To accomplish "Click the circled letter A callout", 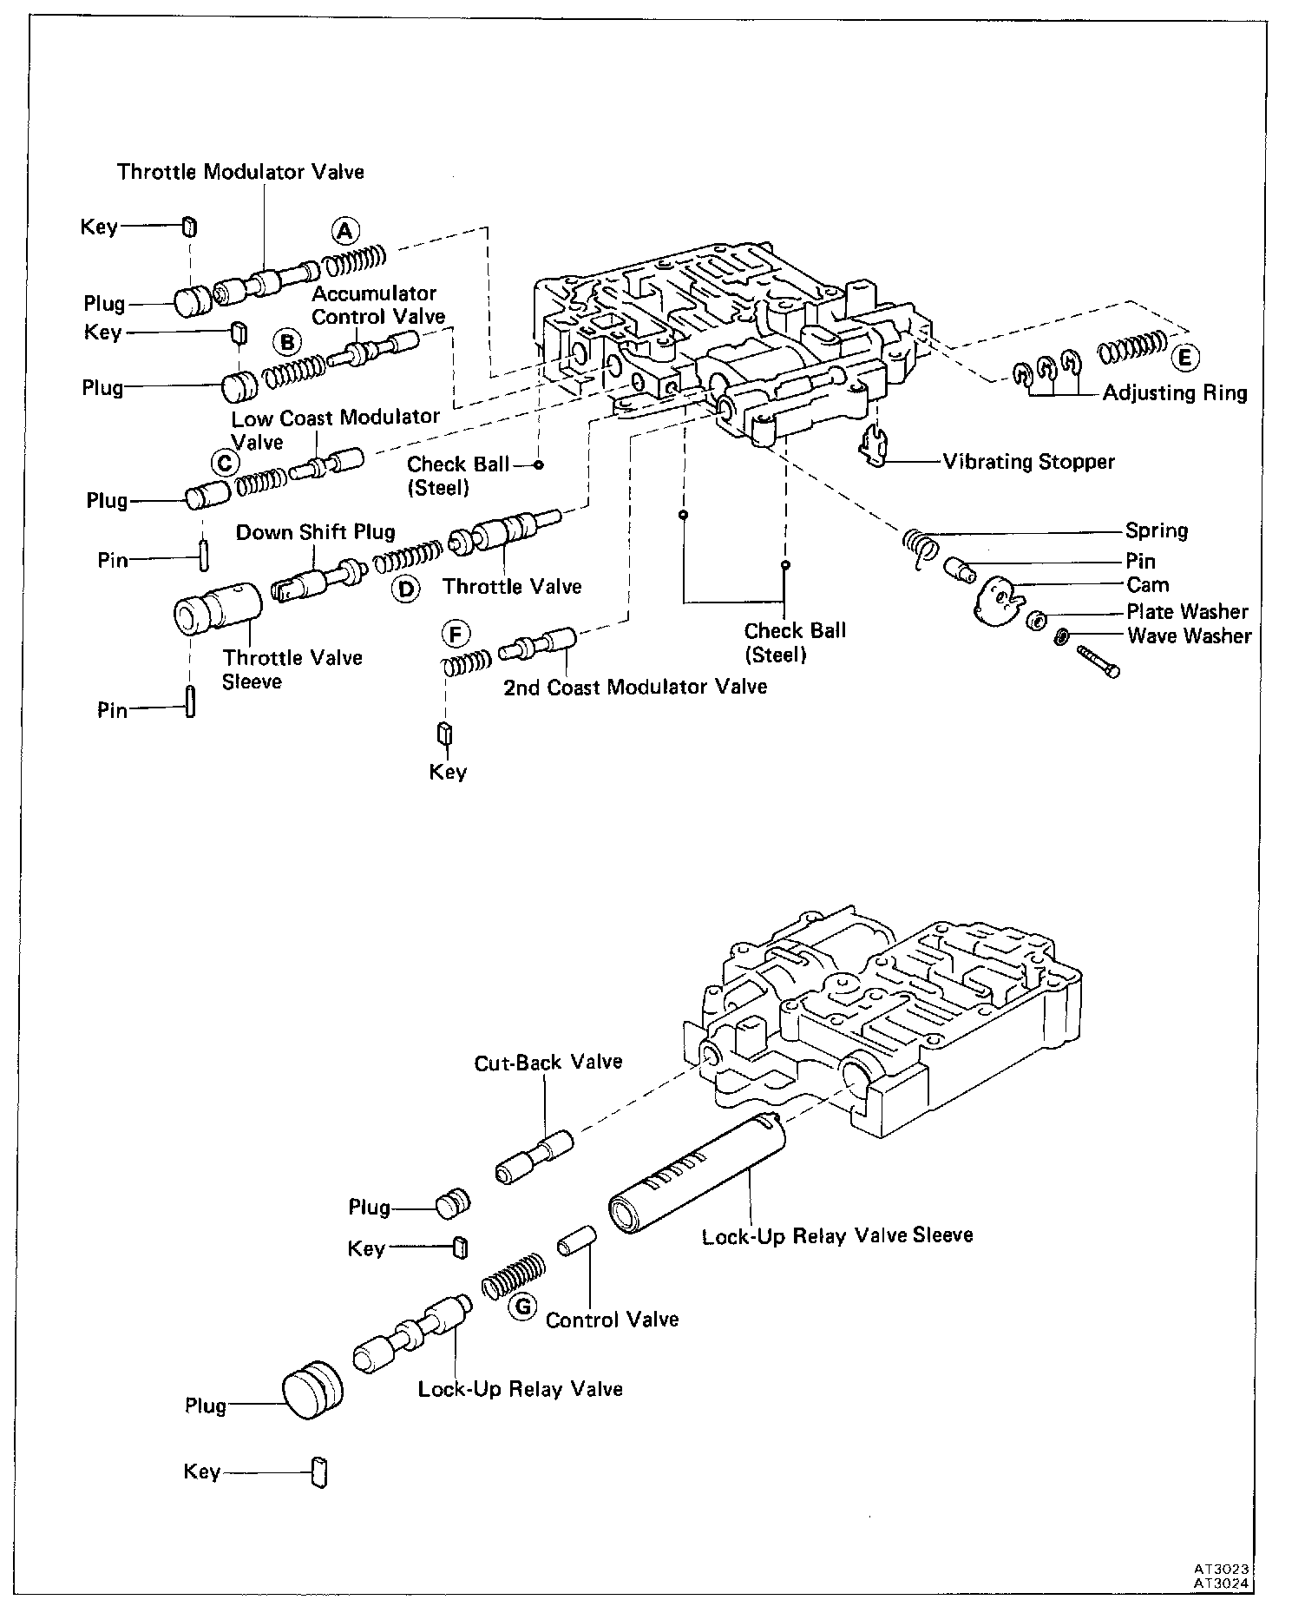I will [x=344, y=231].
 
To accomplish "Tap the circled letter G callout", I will [x=522, y=1307].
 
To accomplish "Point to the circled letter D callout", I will [x=404, y=589].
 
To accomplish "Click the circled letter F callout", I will [x=456, y=635].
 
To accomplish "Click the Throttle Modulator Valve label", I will [x=240, y=172].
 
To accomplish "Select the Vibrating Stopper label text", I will [x=1028, y=461].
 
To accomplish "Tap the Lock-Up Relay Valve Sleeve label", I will [x=836, y=1234].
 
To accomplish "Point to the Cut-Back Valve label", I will [x=548, y=1062].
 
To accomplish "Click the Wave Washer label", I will [x=1189, y=635].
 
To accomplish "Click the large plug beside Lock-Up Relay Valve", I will [x=311, y=1391].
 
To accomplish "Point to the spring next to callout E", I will [x=1132, y=348].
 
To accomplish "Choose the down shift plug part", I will [x=317, y=577].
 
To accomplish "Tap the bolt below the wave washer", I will [x=1098, y=662].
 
